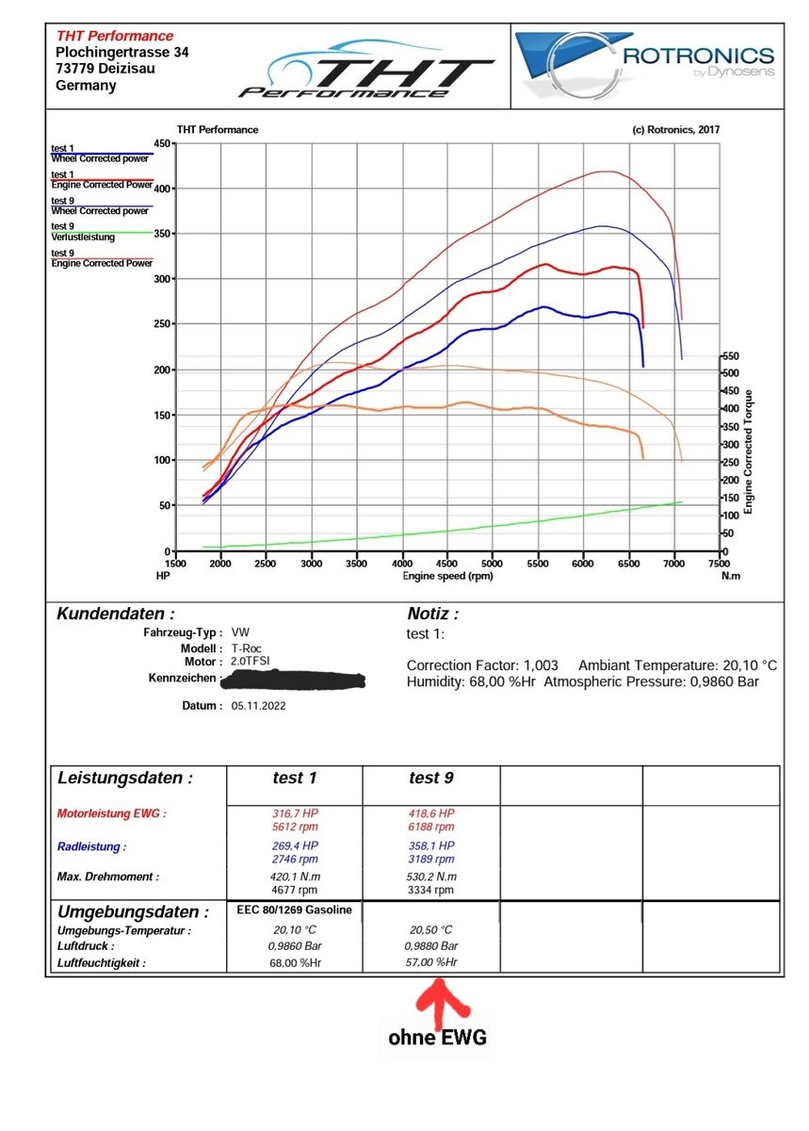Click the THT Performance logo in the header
[367, 69]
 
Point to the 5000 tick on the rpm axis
[493, 563]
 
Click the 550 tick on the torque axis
[730, 357]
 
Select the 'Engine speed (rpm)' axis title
[447, 575]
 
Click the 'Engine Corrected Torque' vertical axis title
[749, 453]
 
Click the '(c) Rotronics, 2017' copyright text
[676, 130]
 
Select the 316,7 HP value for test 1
[296, 813]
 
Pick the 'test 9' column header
[431, 778]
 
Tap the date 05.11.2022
[257, 705]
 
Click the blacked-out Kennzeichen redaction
[294, 679]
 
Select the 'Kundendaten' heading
[115, 614]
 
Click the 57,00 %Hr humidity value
[431, 962]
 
